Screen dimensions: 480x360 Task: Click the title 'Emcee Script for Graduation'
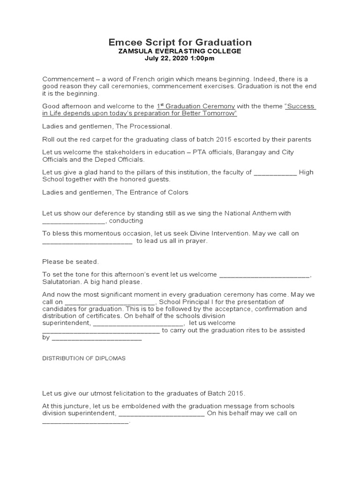coord(180,42)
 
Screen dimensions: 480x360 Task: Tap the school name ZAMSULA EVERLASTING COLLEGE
coord(180,51)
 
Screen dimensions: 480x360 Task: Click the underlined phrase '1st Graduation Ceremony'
coord(195,106)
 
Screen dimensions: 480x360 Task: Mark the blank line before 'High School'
coord(275,172)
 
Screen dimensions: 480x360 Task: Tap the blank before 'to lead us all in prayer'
coord(88,241)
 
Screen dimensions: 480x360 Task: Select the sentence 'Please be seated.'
coord(71,262)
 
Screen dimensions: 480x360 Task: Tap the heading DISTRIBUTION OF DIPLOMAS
coord(84,358)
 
